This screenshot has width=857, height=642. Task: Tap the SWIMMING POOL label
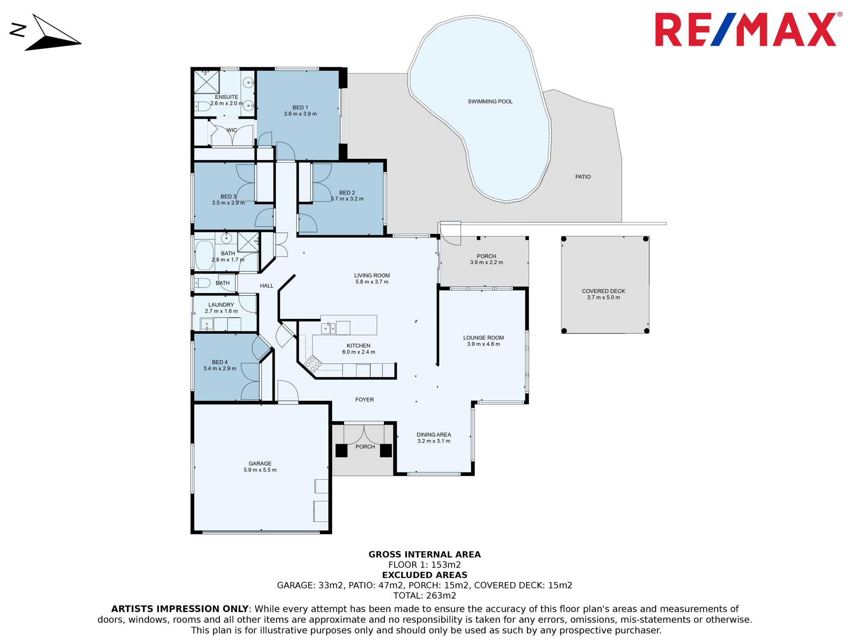coord(490,101)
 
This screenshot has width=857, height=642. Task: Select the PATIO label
coord(583,177)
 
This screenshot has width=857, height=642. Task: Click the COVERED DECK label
coord(603,291)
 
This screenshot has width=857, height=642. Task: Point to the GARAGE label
coord(260,464)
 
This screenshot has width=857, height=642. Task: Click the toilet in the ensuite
coord(203,106)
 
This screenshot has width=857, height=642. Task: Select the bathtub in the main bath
coord(204,255)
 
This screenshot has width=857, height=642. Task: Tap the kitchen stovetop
coord(313,364)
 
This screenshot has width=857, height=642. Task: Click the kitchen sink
coord(328,329)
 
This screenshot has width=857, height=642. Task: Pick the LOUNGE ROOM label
coord(483,338)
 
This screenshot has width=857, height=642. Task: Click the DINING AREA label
coord(434,435)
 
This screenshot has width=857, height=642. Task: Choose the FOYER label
coord(365,400)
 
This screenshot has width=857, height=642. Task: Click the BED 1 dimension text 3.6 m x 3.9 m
coord(300,114)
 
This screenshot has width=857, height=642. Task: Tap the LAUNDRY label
coord(221,305)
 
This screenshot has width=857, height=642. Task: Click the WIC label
coord(232,130)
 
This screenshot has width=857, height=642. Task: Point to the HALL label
coord(267,286)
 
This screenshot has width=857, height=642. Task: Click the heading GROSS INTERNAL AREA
coord(425,555)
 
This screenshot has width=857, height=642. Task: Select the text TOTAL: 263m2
coord(425,596)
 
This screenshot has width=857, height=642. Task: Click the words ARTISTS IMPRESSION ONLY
coord(180,609)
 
